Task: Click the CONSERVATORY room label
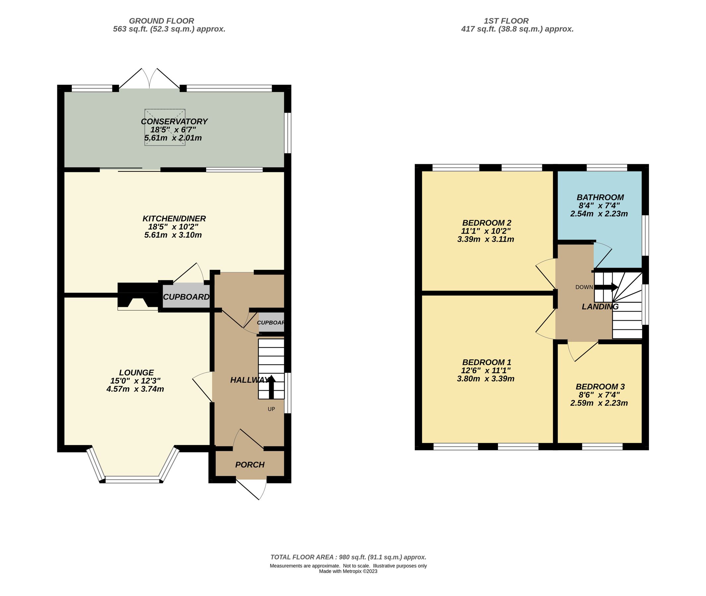tap(174, 121)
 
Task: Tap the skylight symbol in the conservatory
tap(165, 127)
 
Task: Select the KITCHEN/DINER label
tap(174, 219)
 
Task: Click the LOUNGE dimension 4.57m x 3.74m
tap(135, 389)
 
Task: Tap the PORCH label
tap(249, 465)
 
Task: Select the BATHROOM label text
tap(600, 197)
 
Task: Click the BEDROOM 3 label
tap(600, 386)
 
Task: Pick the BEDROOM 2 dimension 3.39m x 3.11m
tap(485, 239)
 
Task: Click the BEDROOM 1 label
tap(486, 362)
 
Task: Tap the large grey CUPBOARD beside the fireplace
tap(186, 297)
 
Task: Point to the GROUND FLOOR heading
tap(161, 21)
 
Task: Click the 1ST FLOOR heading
tap(506, 21)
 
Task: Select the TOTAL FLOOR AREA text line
tap(348, 557)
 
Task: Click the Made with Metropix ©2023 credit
tap(348, 571)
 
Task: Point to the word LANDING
tap(600, 307)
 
